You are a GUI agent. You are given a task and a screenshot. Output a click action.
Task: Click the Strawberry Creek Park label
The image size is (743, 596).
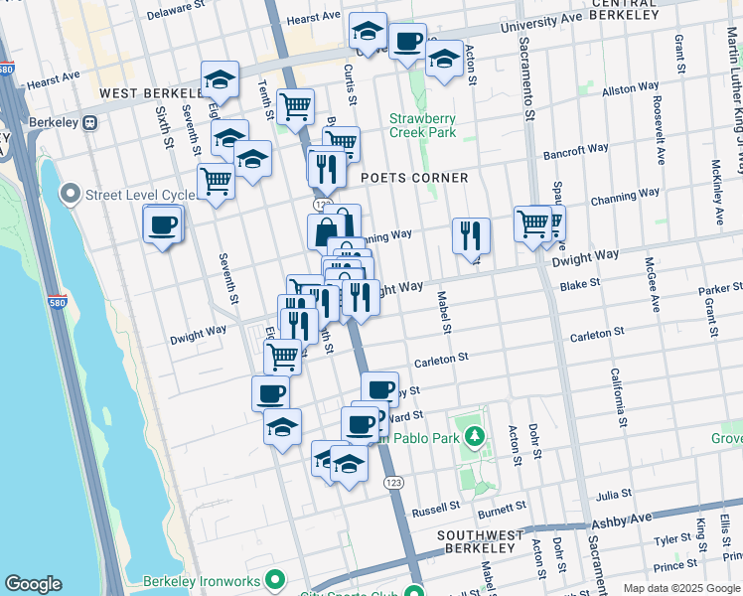click(422, 124)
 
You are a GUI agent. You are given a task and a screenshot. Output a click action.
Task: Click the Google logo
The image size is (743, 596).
click(33, 584)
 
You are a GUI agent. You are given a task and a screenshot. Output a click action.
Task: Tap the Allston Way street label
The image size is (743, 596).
click(630, 89)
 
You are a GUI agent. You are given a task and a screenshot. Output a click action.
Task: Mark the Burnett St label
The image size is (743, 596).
click(501, 509)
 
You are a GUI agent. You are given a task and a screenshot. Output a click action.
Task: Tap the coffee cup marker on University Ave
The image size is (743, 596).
click(406, 42)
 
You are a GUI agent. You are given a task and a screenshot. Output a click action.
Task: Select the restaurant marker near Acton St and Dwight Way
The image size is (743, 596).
click(470, 235)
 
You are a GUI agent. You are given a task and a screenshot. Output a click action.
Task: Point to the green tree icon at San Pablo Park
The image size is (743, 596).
click(475, 435)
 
